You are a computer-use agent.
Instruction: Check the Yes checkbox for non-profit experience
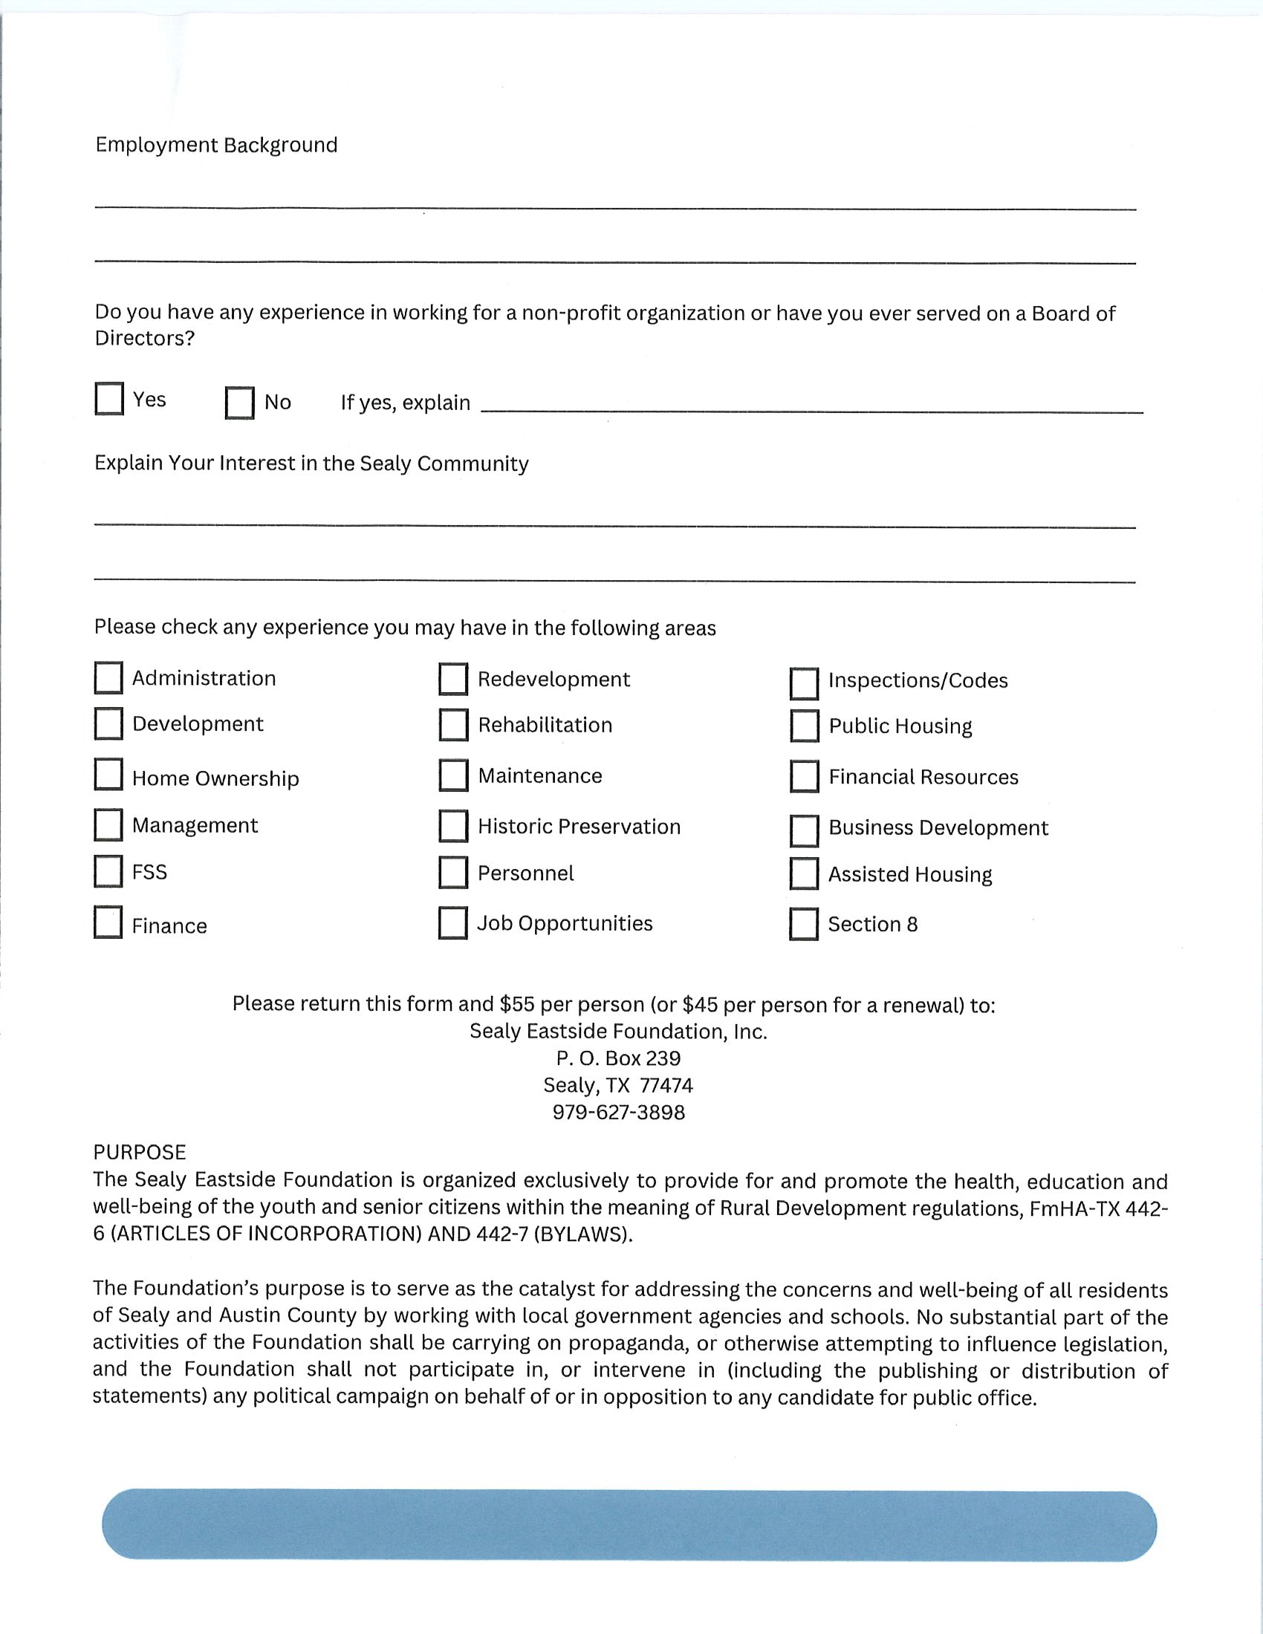coord(109,399)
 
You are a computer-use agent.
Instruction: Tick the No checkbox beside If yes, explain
coord(239,403)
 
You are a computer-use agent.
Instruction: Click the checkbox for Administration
coord(108,678)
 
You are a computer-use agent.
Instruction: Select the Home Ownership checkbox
coord(108,775)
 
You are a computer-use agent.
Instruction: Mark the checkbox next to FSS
coord(108,872)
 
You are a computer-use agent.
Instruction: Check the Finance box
coord(108,922)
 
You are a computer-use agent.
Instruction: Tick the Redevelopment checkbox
coord(453,680)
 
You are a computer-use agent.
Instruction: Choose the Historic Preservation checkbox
coord(453,826)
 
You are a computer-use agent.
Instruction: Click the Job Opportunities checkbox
coord(453,922)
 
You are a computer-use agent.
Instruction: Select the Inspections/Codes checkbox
coord(805,683)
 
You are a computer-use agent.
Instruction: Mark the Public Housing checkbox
coord(805,726)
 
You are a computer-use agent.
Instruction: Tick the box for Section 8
coord(805,924)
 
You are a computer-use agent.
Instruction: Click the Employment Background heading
coord(216,145)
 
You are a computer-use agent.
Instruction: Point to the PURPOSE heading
coord(140,1152)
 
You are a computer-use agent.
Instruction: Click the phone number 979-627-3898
coord(619,1113)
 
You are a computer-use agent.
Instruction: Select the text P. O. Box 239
coord(619,1058)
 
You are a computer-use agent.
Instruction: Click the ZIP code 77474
coord(666,1086)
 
